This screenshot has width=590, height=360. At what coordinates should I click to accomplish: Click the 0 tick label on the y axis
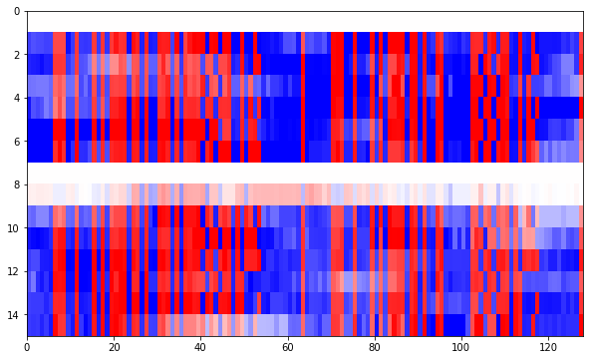(16, 11)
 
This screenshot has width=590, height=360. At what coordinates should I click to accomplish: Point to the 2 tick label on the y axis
(16, 54)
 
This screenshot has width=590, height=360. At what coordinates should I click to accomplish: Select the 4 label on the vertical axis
(16, 98)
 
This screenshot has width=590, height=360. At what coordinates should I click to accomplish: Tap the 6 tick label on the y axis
(16, 142)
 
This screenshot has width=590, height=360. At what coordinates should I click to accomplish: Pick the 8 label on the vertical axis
(16, 184)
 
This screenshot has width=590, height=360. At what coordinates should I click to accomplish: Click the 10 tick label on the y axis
(13, 228)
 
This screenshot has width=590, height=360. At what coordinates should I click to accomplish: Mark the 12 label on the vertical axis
(13, 271)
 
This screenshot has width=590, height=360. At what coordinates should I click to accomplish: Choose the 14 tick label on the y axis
(13, 315)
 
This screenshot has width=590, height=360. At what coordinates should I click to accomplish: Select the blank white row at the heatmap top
(299, 21)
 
